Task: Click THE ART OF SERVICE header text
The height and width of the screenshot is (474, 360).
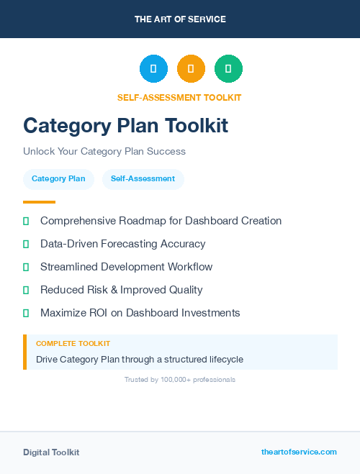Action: (x=180, y=19)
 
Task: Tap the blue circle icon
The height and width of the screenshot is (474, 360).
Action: (x=153, y=69)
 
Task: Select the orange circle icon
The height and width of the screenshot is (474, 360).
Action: (x=191, y=69)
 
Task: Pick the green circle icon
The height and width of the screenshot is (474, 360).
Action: (x=228, y=69)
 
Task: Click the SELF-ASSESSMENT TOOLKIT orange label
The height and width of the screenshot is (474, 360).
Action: (x=179, y=97)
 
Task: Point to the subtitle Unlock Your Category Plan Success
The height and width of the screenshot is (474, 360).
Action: (x=104, y=151)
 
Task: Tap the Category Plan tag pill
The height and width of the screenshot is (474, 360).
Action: (x=58, y=178)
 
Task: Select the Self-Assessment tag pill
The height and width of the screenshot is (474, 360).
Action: (x=143, y=178)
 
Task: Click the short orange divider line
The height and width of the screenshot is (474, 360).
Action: (x=39, y=202)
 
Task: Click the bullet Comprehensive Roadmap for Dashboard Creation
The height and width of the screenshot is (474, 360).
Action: (x=161, y=221)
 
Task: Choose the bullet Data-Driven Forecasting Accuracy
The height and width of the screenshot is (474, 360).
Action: (x=122, y=244)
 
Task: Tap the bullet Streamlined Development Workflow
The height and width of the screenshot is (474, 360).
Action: (x=126, y=267)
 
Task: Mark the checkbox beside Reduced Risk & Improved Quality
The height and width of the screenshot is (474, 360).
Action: (x=26, y=290)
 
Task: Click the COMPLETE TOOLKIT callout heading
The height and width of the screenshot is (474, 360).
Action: (x=73, y=344)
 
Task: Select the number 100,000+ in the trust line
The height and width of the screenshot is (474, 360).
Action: (x=168, y=379)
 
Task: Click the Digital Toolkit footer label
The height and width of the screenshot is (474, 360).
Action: (x=51, y=452)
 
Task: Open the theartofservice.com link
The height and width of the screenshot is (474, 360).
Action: (x=299, y=452)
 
